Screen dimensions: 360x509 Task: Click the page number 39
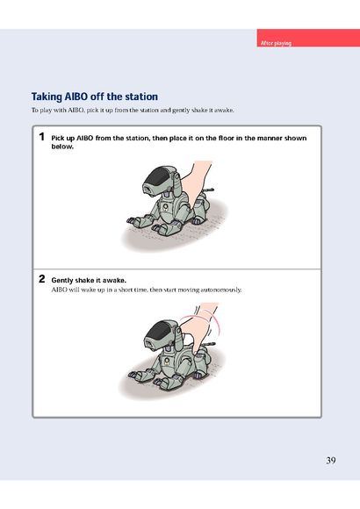point(331,461)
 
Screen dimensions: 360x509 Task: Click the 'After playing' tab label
point(276,43)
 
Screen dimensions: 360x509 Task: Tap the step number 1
point(41,137)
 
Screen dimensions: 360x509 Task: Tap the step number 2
point(41,279)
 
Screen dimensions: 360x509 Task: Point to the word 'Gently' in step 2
point(62,281)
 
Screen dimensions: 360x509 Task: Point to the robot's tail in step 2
point(210,344)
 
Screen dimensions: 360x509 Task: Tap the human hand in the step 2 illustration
point(198,328)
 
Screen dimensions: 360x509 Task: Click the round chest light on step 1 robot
point(165,206)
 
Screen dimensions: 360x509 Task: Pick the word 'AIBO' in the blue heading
point(76,97)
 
